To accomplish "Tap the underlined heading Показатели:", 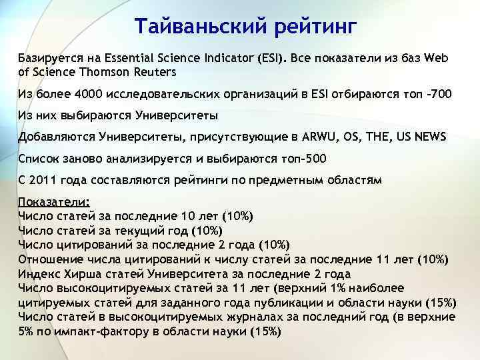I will click(x=54, y=203).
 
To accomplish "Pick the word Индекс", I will click(x=39, y=273).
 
